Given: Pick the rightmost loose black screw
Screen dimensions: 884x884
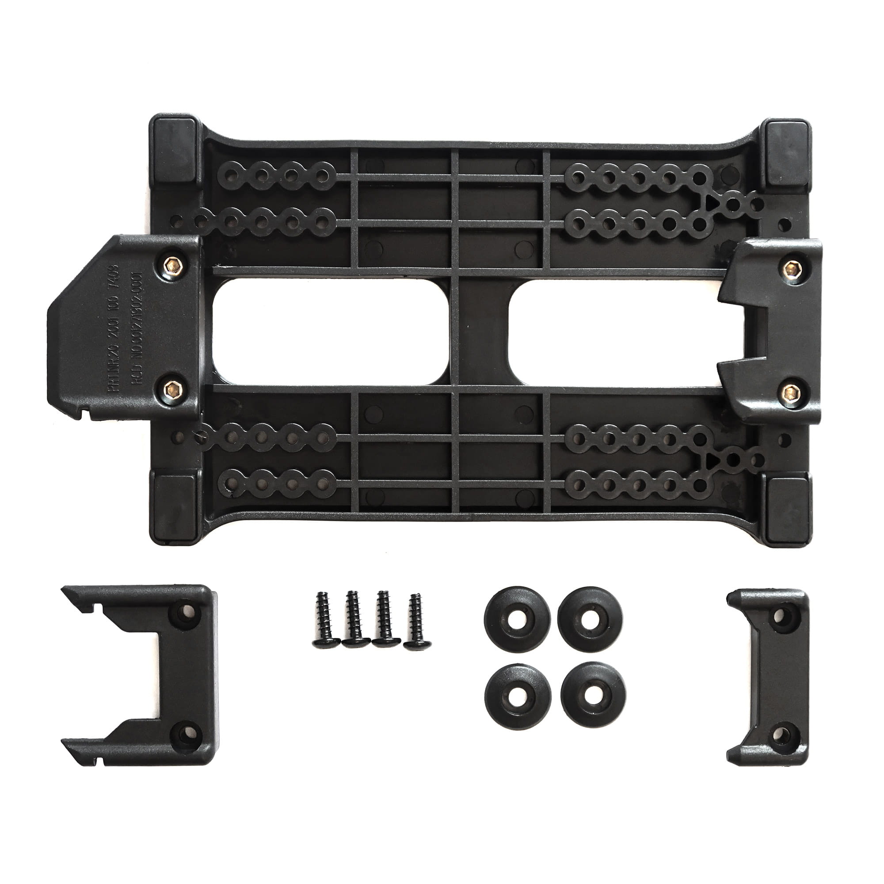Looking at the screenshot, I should point(414,623).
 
